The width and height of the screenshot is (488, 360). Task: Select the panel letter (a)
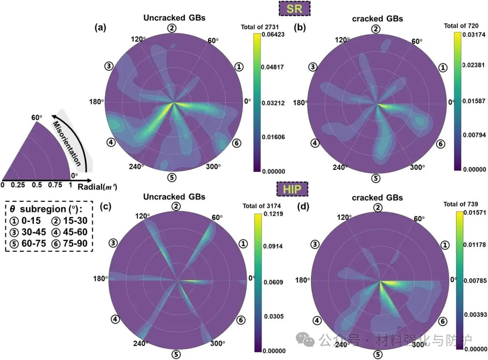point(100,28)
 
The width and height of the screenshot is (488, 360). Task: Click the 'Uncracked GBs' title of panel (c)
point(174,197)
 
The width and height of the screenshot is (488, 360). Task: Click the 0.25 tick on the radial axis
point(19,185)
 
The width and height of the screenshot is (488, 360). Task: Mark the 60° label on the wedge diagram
point(37,118)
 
